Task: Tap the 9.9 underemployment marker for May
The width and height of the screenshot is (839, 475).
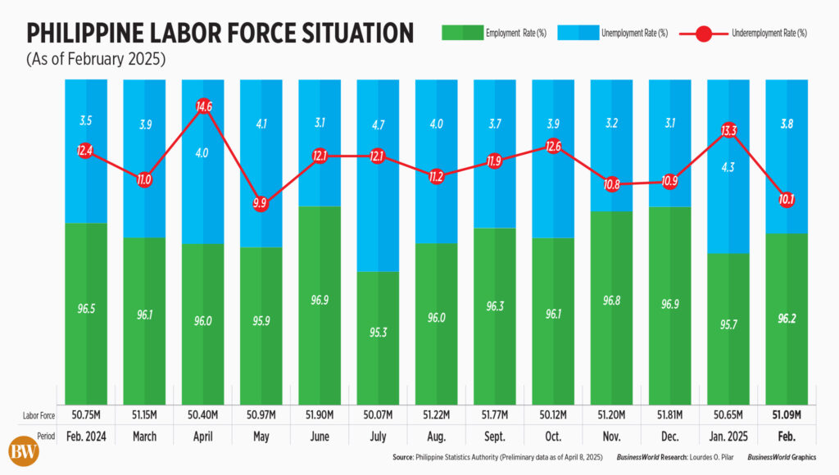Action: point(260,204)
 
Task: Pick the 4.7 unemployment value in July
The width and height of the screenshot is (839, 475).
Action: point(378,125)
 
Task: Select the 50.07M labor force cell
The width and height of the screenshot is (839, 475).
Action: point(378,415)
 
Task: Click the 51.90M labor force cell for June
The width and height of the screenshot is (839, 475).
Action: point(319,415)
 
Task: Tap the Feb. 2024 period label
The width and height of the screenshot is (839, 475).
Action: point(85,437)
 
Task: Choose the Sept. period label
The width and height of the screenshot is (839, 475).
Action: point(494,437)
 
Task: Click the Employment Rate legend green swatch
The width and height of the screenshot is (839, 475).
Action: point(462,33)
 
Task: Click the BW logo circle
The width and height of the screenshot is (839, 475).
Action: point(25,451)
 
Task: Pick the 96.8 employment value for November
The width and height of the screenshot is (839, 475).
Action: point(611,302)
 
